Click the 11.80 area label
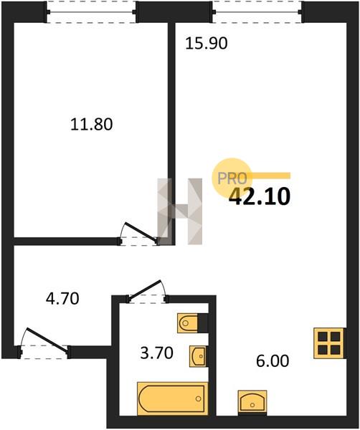click(91, 124)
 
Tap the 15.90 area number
click(207, 43)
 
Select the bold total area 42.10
click(260, 196)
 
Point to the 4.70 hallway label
click(62, 298)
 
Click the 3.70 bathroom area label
click(156, 353)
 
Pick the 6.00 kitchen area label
click(273, 361)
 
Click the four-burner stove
click(329, 343)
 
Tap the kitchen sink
click(252, 401)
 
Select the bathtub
click(172, 398)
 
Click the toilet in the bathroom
click(188, 323)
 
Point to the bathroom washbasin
click(197, 356)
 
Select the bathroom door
click(147, 292)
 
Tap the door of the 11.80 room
click(139, 234)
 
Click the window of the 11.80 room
click(91, 12)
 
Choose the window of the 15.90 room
click(257, 12)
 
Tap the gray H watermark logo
click(180, 211)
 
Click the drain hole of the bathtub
click(198, 399)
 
